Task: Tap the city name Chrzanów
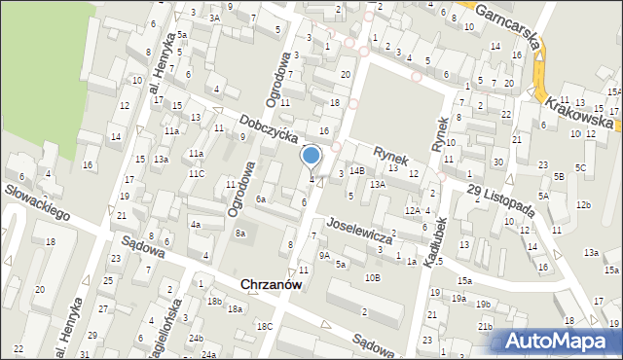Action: pyautogui.click(x=271, y=284)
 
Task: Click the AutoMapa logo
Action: pyautogui.click(x=558, y=341)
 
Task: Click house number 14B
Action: pyautogui.click(x=357, y=170)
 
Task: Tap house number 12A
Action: pyautogui.click(x=413, y=210)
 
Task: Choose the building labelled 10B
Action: pyautogui.click(x=373, y=277)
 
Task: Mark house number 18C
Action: pyautogui.click(x=264, y=327)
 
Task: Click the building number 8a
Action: pyautogui.click(x=240, y=234)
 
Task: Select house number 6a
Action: pyautogui.click(x=261, y=198)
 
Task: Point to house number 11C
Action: pyautogui.click(x=197, y=173)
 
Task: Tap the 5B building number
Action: pyautogui.click(x=559, y=176)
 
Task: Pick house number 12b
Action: pyautogui.click(x=582, y=204)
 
